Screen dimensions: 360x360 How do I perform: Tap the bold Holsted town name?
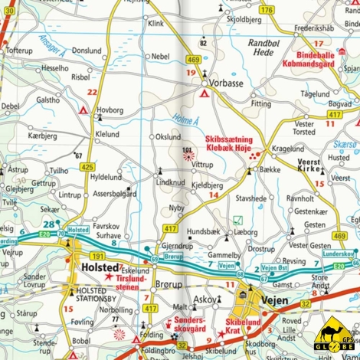pos(98,268)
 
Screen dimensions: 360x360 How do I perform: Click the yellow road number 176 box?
pos(266,10)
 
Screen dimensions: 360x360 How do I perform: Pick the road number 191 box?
pos(98,255)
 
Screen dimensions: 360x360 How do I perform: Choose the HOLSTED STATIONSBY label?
pos(97,295)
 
